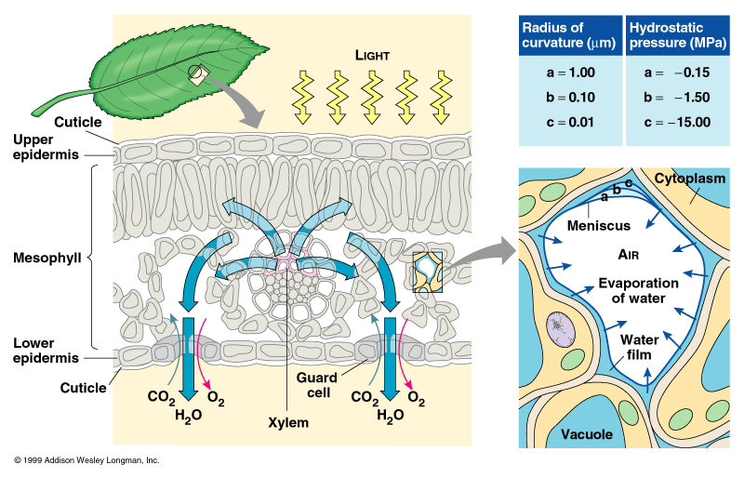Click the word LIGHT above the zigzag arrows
375,55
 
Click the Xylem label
283,421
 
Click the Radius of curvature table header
567,35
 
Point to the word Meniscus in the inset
600,225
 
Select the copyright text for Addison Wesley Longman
86,460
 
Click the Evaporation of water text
632,291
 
